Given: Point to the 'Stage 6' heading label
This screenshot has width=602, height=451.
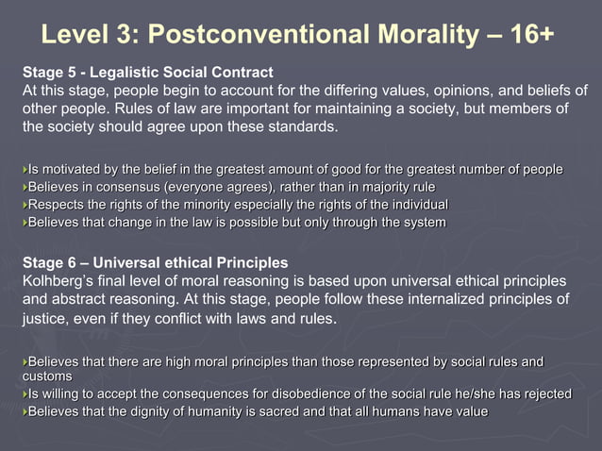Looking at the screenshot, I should [x=48, y=261].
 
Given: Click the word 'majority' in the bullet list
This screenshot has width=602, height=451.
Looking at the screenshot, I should [x=368, y=187].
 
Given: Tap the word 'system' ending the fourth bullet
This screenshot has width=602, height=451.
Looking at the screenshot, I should [x=423, y=223].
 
